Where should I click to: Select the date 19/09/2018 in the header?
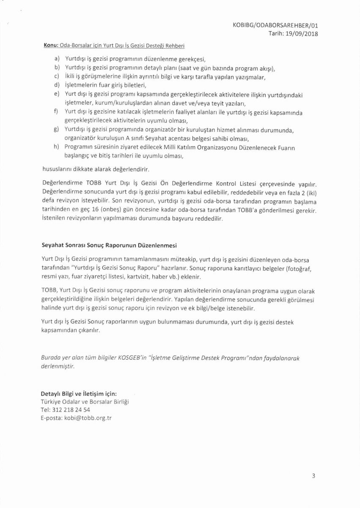(302, 33)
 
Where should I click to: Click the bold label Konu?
(50, 45)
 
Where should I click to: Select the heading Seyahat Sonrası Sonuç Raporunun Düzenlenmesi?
(109, 245)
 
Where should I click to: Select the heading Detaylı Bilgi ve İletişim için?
(79, 393)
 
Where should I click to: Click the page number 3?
(313, 475)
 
